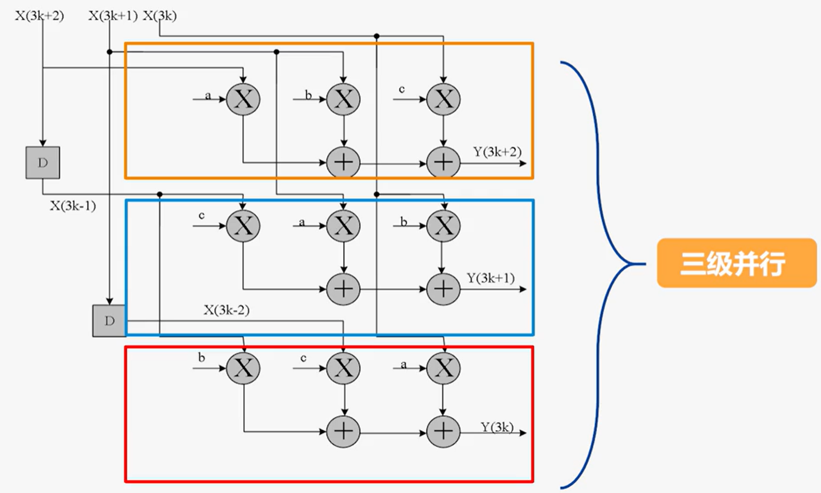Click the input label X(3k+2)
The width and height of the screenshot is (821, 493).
point(39,16)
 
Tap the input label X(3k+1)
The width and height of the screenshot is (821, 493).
point(112,16)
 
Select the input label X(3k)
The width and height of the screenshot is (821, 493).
point(160,16)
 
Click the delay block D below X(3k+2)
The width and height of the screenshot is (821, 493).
point(43,163)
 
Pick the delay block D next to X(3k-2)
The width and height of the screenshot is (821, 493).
point(109,320)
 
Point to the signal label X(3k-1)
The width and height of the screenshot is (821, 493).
point(73,206)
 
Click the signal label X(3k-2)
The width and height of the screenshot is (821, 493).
point(226,310)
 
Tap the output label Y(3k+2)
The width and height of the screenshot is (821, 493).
point(497,152)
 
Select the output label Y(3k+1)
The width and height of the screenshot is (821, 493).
point(491,278)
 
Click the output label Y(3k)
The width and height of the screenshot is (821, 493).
point(497,427)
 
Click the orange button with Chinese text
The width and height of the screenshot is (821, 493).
point(736,263)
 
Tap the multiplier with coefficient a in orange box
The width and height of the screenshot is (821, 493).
point(243,99)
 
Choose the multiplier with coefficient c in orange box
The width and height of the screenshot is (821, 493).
point(443,99)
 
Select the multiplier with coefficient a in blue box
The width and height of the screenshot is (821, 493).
point(344,226)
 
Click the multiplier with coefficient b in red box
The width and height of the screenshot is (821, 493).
point(243,368)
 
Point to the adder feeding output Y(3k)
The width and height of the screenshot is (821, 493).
point(443,432)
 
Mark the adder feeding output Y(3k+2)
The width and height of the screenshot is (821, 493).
point(443,163)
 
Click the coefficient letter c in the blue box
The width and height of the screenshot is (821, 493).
point(201,215)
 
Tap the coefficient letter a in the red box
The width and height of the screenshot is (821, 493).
point(403,364)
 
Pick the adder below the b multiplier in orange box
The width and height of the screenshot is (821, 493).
point(344,163)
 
